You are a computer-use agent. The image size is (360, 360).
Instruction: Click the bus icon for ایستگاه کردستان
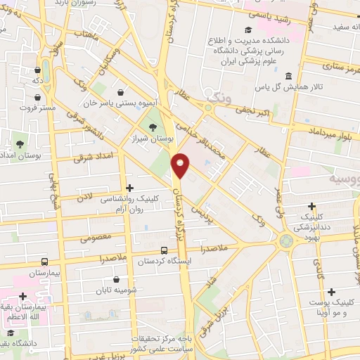click(x=164, y=250)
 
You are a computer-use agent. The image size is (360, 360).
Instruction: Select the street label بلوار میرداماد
click(x=332, y=131)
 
